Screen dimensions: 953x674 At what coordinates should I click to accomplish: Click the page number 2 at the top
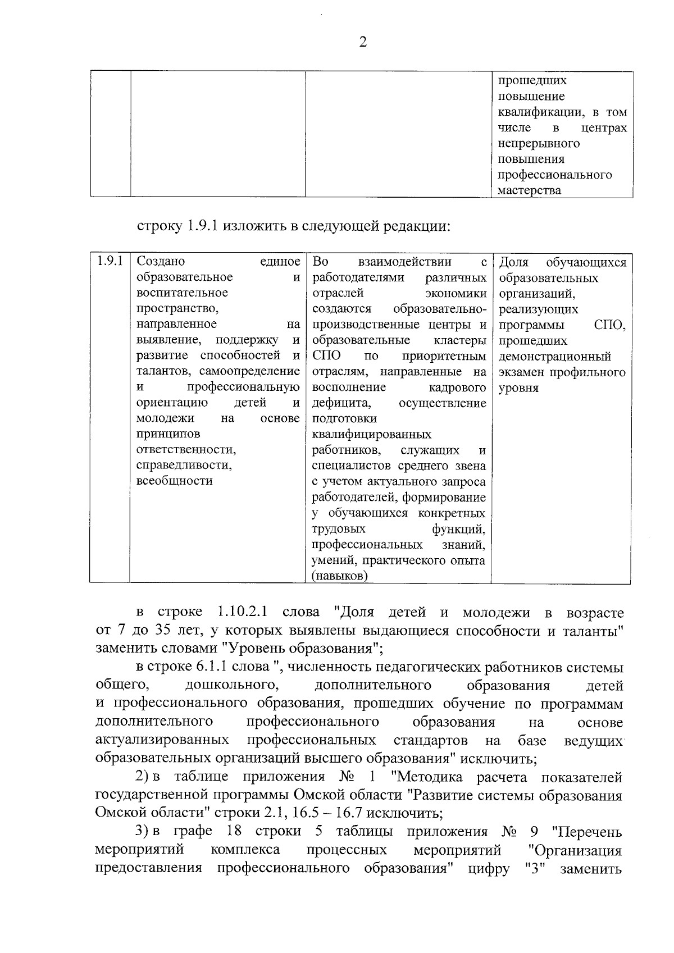(362, 43)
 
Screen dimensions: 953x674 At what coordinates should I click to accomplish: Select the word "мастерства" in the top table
(529, 190)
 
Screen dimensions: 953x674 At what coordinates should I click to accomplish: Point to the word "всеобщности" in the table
(174, 481)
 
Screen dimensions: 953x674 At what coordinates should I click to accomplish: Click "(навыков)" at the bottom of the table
(340, 576)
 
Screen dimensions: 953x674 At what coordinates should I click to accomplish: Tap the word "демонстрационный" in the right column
(554, 357)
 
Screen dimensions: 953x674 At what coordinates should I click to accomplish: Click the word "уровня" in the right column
(518, 388)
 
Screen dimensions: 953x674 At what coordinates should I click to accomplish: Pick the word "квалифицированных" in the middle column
(371, 434)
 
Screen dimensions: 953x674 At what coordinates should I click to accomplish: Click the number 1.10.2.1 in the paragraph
(241, 612)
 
